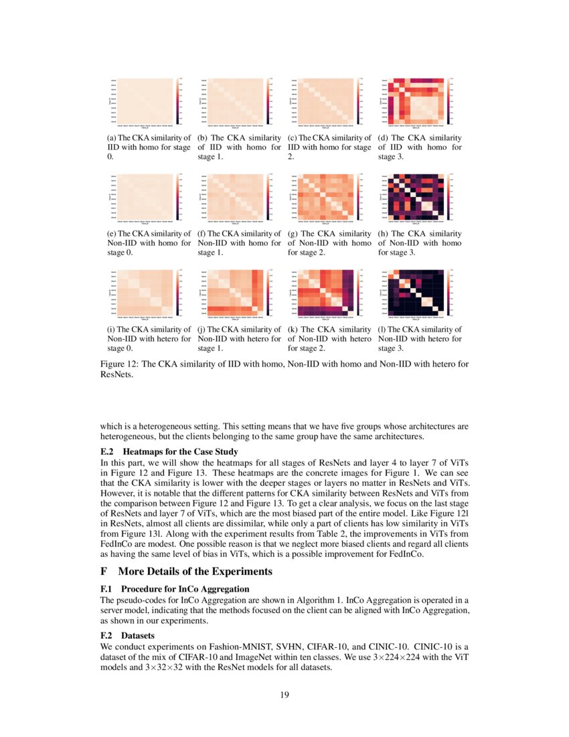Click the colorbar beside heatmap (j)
[x=267, y=293]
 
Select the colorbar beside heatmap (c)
[x=357, y=101]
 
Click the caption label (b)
[x=203, y=138]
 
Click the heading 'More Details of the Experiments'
[x=195, y=572]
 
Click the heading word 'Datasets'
[x=138, y=635]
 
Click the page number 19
[x=284, y=694]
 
